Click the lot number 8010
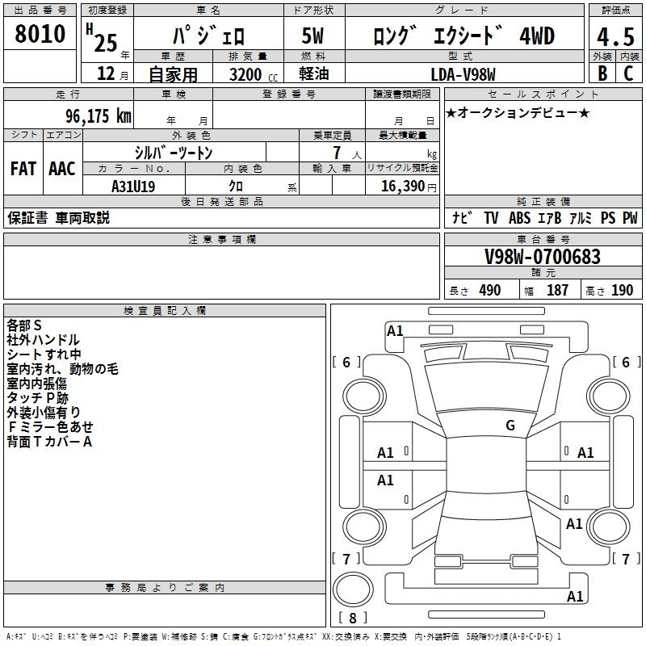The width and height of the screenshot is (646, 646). point(40,35)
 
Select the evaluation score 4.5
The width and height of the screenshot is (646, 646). point(615,36)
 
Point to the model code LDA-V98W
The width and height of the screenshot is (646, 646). point(464,74)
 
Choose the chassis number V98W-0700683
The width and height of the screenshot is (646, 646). point(542,258)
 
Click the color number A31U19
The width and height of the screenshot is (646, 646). point(133,186)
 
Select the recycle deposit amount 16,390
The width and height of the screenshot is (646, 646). point(401,186)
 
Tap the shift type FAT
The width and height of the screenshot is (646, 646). point(23,169)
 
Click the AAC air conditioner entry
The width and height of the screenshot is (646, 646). point(62,169)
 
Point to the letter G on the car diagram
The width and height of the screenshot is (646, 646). point(510,426)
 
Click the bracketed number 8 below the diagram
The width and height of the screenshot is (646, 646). point(352,618)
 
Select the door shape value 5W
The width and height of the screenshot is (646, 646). point(313,36)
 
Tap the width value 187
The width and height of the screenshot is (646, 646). point(557,291)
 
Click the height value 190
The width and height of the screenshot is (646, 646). point(623,291)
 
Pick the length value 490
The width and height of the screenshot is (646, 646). point(489,291)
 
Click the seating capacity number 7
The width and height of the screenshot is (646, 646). point(336,153)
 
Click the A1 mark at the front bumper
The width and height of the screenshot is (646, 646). point(395,330)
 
